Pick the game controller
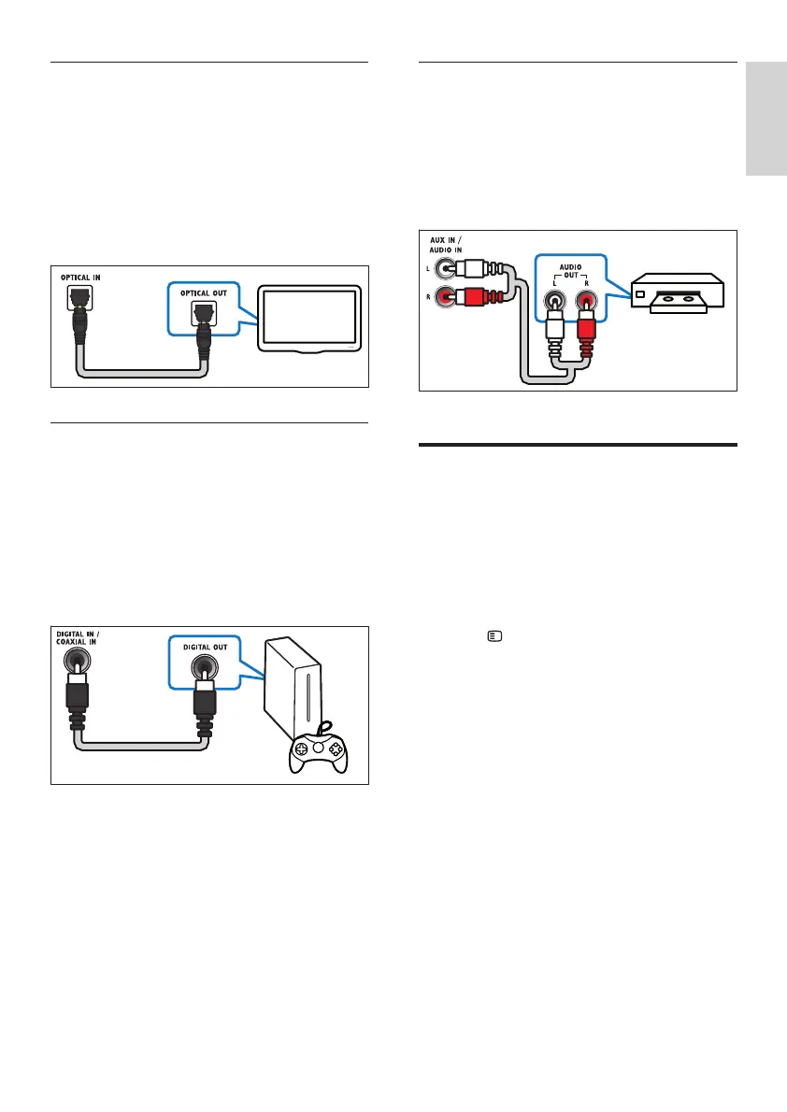coord(318,748)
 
